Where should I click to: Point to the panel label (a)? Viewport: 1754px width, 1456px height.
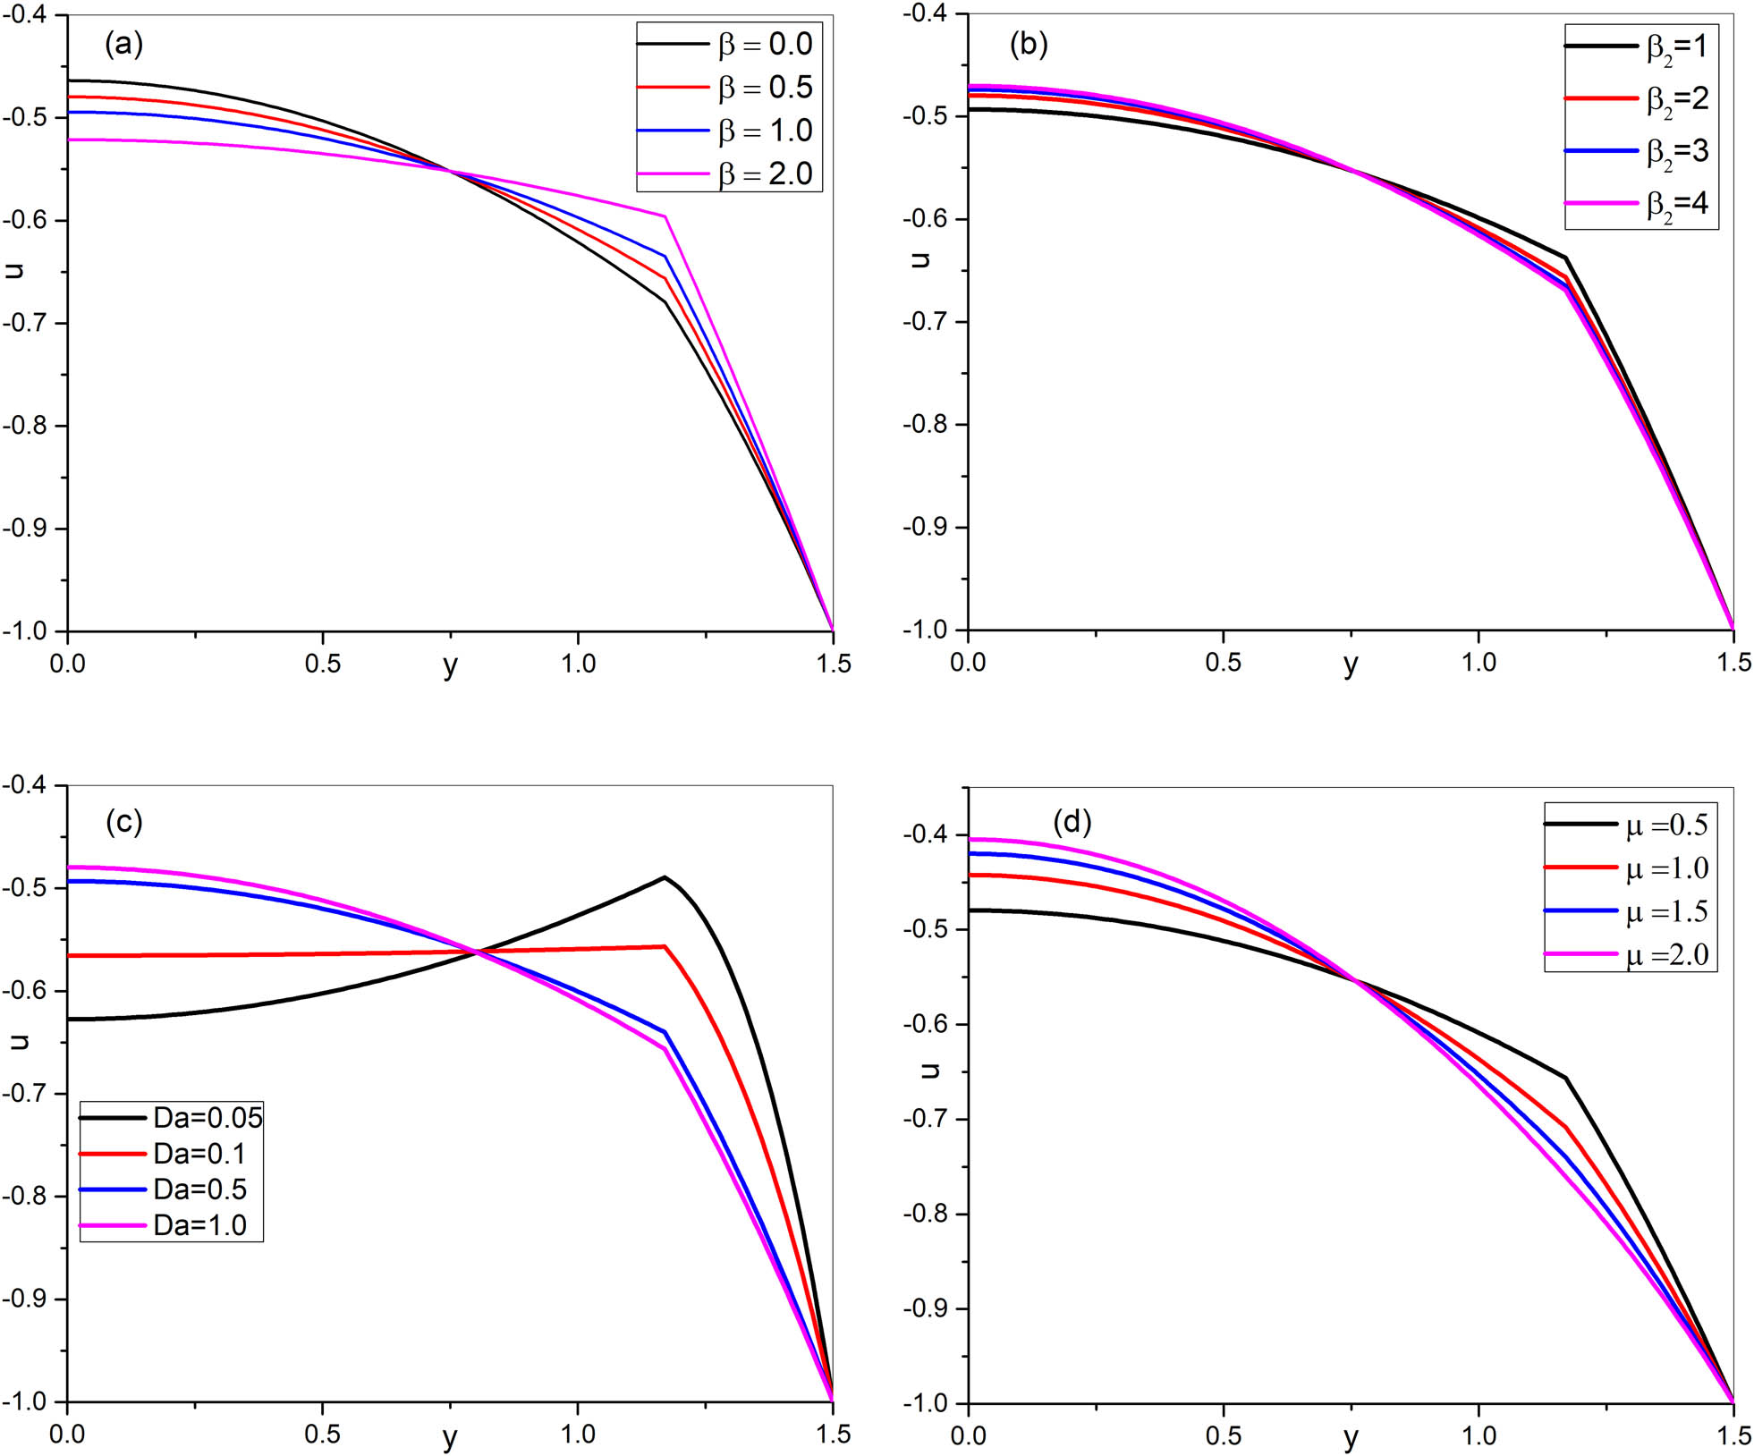(123, 44)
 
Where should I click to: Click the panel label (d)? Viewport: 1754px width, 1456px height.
(1072, 821)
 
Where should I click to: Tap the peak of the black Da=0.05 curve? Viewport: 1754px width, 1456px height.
(664, 877)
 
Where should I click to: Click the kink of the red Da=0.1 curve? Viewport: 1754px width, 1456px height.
(665, 946)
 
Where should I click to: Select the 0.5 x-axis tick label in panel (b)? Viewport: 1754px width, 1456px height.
(1223, 662)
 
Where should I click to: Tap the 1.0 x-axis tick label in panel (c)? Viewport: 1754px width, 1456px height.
(578, 1435)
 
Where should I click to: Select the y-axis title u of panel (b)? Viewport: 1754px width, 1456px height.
(920, 259)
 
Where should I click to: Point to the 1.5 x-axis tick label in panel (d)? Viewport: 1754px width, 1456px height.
(1733, 1435)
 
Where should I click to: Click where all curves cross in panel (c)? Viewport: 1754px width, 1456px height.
(476, 952)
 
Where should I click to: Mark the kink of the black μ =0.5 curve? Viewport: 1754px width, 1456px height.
(1565, 1078)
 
